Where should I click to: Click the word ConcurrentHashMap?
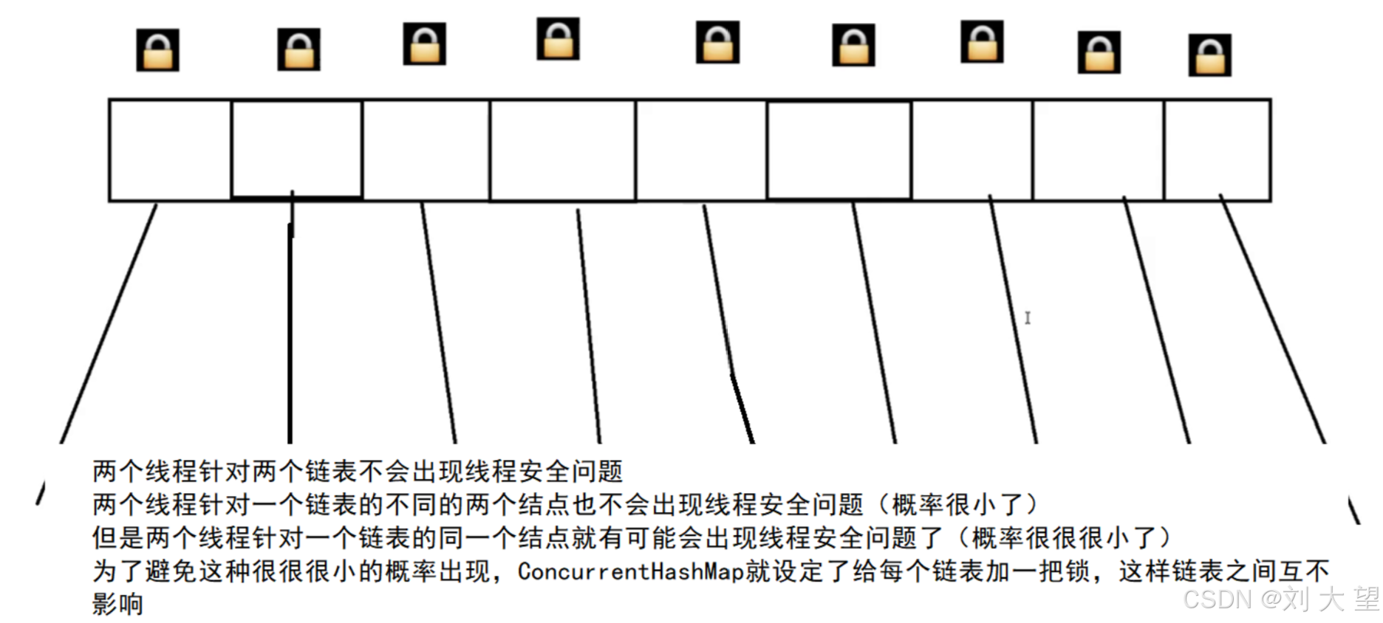coord(631,571)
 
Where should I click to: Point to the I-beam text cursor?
coord(1027,317)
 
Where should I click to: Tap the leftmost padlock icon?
coord(157,50)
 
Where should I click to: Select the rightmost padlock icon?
coord(1209,55)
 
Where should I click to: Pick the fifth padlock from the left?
coord(717,42)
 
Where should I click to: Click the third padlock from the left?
coord(424,44)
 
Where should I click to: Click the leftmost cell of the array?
coord(170,150)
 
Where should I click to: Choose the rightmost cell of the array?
coord(1217,150)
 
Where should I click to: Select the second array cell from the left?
coord(297,148)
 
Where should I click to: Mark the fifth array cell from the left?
coord(701,150)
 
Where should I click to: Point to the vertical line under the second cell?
coord(290,332)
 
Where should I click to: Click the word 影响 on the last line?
coord(117,604)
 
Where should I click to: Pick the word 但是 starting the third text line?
coord(118,538)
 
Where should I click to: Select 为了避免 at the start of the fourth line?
coord(145,571)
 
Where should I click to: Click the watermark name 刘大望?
coord(1330,599)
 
